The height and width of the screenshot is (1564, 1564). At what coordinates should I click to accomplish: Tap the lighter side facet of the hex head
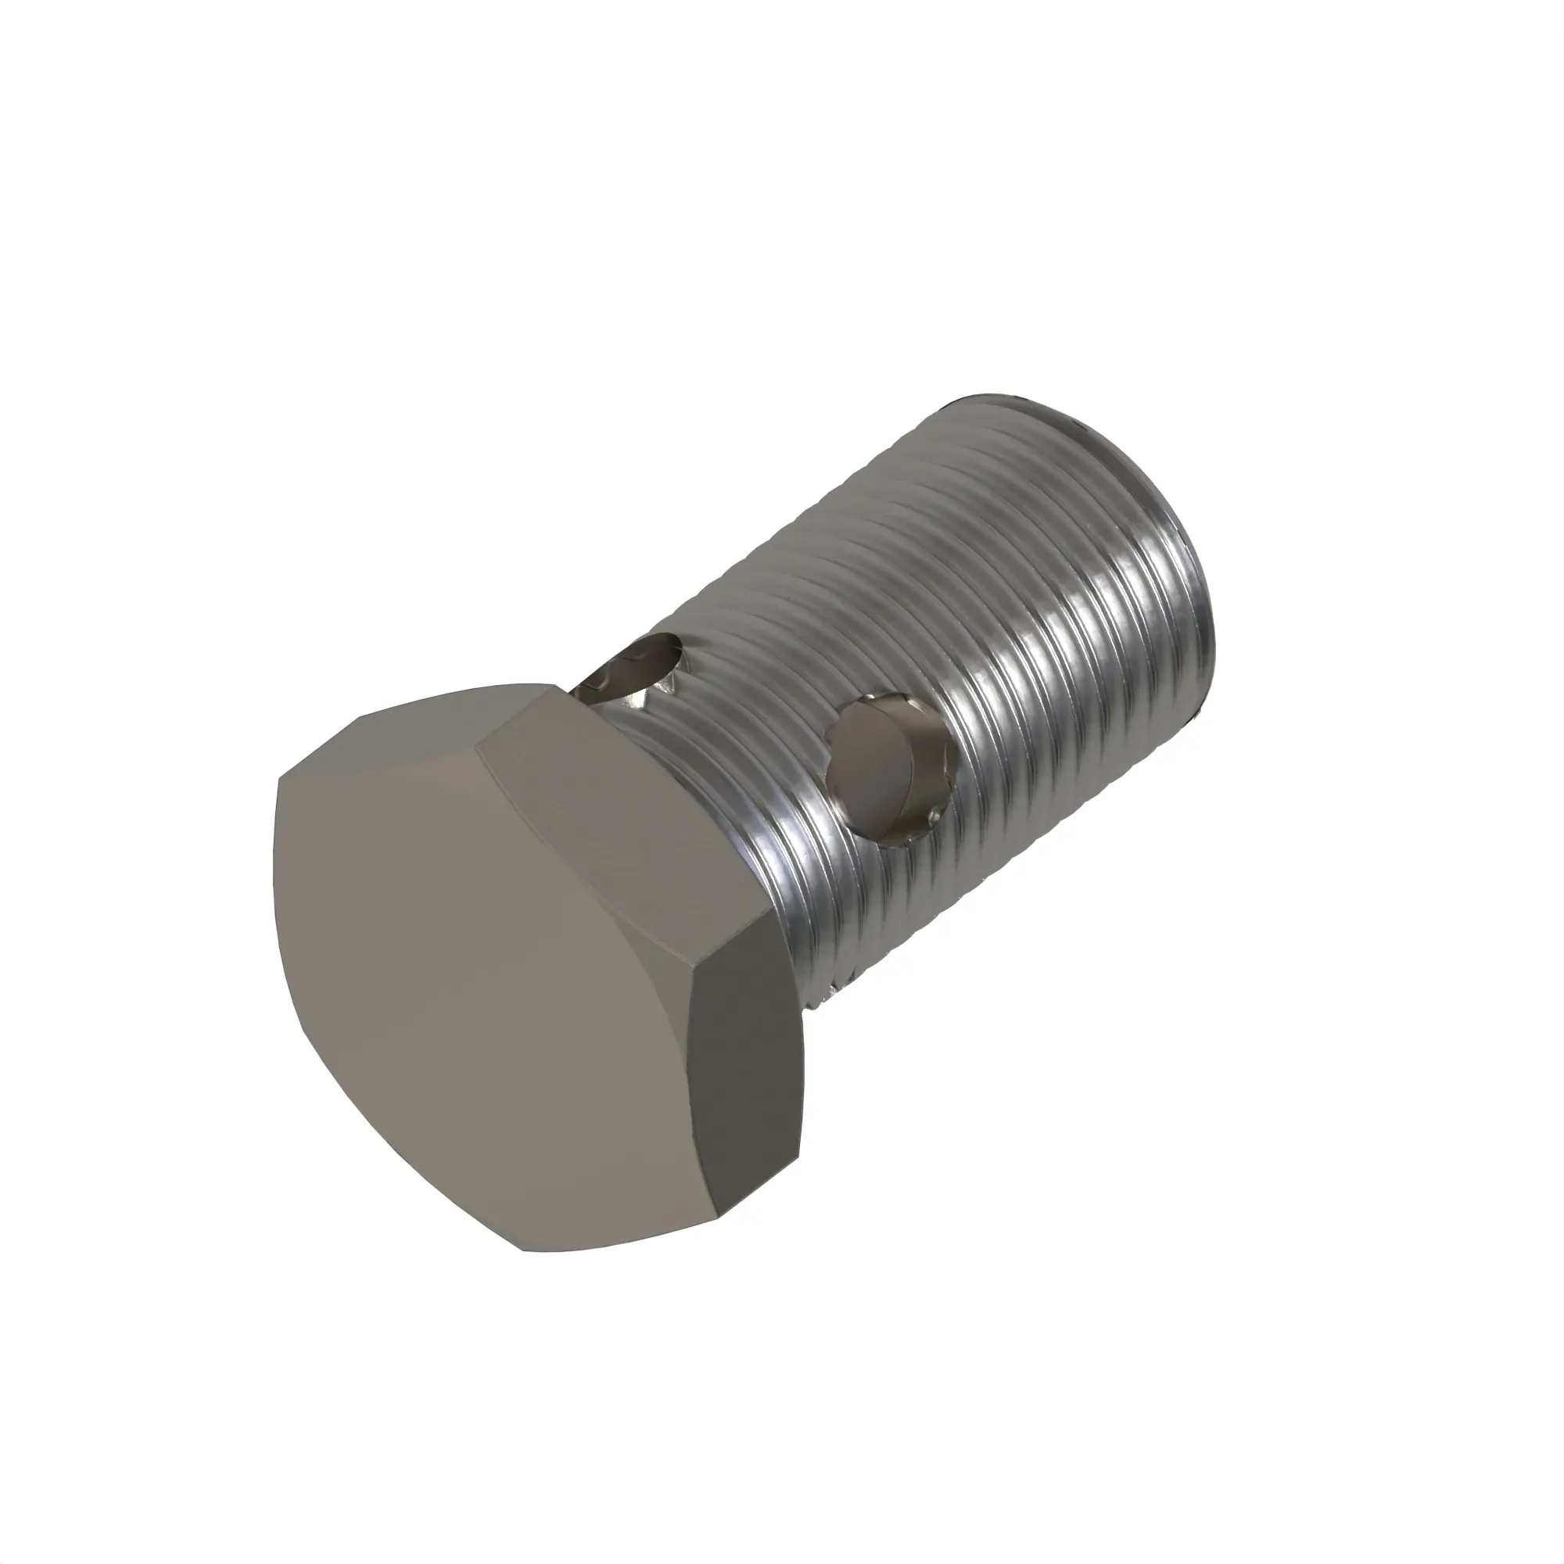point(623,818)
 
